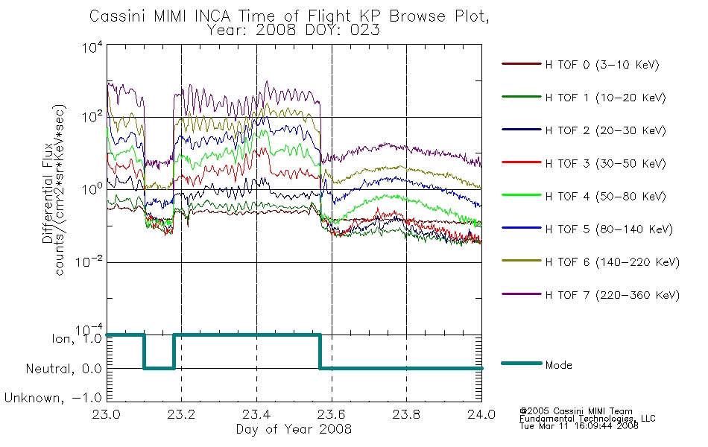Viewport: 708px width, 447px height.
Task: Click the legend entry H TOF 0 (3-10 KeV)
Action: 581,65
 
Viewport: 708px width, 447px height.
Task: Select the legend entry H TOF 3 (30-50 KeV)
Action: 584,163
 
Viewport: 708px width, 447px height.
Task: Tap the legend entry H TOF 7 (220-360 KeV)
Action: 590,295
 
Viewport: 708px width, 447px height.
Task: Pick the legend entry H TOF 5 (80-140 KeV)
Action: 587,229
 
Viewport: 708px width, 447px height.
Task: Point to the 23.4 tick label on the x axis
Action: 256,414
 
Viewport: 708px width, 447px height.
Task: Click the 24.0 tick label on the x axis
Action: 481,414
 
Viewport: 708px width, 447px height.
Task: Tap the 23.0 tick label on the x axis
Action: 107,414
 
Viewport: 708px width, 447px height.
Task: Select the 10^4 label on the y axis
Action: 92,47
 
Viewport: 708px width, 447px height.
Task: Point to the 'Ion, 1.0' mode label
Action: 76,338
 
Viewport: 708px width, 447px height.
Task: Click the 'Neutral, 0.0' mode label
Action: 63,369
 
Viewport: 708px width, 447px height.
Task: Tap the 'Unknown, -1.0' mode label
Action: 53,398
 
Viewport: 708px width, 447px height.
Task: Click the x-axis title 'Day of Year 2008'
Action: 294,429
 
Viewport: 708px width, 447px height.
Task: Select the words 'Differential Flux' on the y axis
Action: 48,193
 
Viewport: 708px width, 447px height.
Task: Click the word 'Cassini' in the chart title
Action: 118,16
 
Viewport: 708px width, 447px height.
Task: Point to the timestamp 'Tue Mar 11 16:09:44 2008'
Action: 579,426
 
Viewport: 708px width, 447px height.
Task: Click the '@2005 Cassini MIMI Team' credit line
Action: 575,411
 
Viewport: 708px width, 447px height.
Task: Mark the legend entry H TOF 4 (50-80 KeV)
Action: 584,196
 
